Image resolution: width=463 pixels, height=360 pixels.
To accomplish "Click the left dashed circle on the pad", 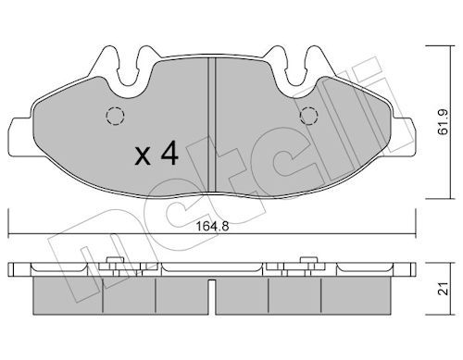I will (x=114, y=118).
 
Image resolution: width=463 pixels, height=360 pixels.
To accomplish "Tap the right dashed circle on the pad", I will (x=311, y=116).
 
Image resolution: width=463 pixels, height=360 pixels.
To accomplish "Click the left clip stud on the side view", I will (x=113, y=266).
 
